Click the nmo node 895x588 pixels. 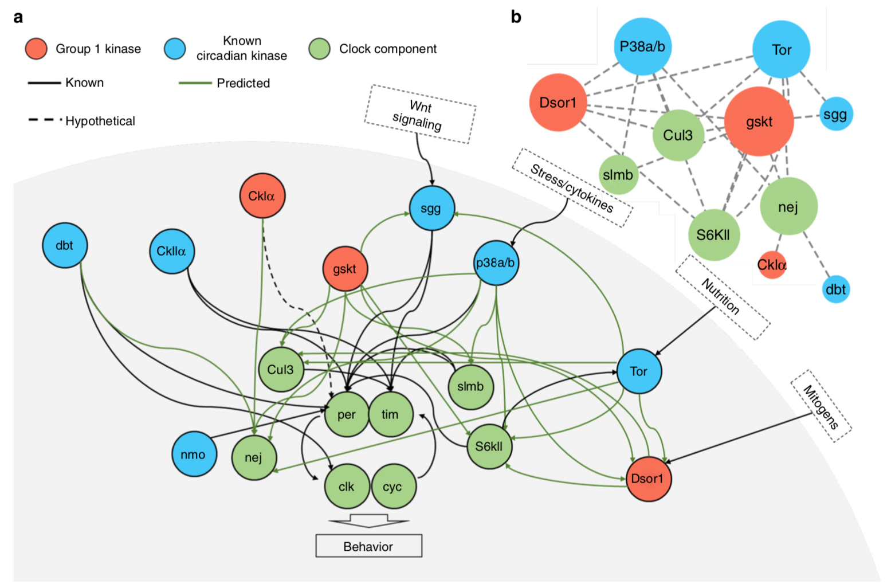click(194, 454)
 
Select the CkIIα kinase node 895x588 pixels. click(171, 251)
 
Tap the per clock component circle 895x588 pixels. click(347, 414)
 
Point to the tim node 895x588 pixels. click(390, 414)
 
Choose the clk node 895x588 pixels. click(347, 487)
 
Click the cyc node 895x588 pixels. click(393, 487)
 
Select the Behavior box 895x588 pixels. click(368, 546)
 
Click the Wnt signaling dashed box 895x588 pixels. click(419, 114)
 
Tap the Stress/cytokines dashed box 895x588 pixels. click(572, 188)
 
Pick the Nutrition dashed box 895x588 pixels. click(722, 296)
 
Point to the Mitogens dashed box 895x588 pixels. click(821, 406)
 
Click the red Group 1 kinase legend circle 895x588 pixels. click(36, 49)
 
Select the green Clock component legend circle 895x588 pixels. click(319, 49)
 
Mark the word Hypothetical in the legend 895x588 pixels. click(100, 121)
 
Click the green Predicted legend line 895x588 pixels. click(195, 83)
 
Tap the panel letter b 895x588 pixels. click(516, 17)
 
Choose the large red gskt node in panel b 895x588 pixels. click(759, 121)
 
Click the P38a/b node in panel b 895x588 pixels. click(642, 46)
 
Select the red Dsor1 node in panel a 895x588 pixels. click(647, 479)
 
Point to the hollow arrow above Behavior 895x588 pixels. click(368, 521)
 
